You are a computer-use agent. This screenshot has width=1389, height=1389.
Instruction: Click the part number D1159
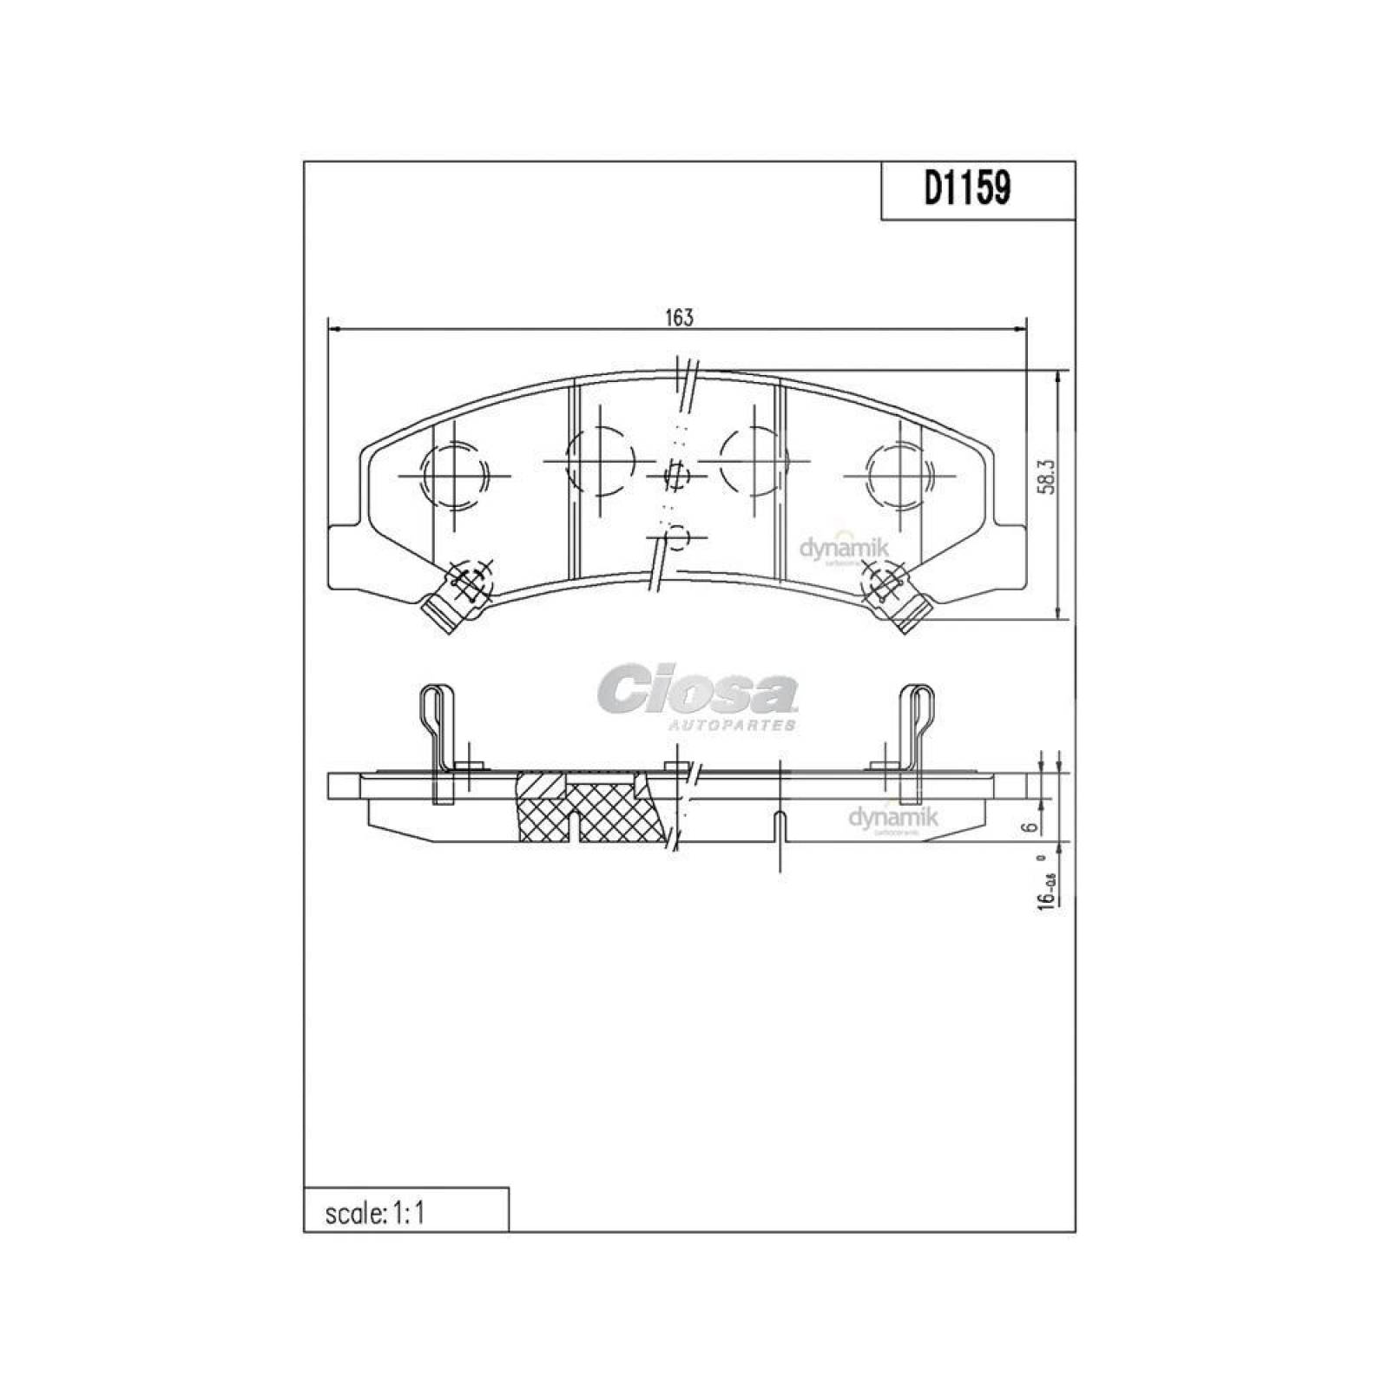pyautogui.click(x=967, y=189)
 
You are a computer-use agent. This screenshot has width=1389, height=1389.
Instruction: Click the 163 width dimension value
pyautogui.click(x=680, y=318)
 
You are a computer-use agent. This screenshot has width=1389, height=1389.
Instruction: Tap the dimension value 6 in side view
pyautogui.click(x=1030, y=826)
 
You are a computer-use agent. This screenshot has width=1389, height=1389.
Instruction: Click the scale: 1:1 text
pyautogui.click(x=375, y=1213)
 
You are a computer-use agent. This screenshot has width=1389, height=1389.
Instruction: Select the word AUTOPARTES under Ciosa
pyautogui.click(x=731, y=724)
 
